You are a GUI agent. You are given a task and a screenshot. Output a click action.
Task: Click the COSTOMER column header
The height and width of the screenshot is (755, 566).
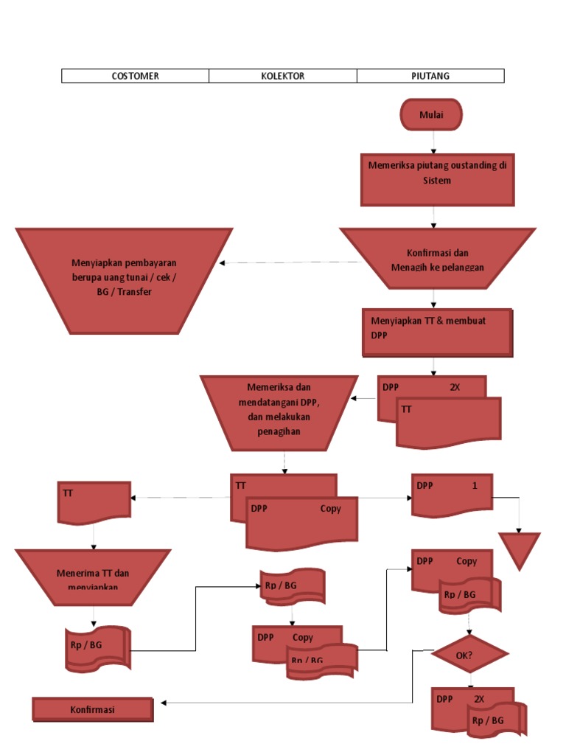[x=135, y=76]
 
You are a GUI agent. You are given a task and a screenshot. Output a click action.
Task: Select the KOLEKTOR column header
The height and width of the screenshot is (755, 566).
[x=283, y=76]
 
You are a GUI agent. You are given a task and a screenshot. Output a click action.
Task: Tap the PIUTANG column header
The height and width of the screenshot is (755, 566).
[x=430, y=76]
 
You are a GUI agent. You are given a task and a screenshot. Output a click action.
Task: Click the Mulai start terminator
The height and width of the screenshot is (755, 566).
[x=431, y=115]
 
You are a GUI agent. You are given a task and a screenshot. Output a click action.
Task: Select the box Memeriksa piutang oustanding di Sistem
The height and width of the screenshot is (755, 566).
[x=437, y=179]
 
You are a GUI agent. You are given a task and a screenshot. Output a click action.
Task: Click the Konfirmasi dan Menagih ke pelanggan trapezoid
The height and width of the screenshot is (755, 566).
[x=437, y=259]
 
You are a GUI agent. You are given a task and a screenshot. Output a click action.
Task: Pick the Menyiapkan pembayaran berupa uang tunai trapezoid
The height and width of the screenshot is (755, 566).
[x=124, y=280]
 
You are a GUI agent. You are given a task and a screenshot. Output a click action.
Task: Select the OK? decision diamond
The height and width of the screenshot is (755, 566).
[x=469, y=653]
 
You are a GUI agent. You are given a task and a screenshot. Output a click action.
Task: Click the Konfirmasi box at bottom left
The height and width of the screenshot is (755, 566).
[x=93, y=709]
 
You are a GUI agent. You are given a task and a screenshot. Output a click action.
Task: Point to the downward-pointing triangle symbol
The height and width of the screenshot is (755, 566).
[x=520, y=549]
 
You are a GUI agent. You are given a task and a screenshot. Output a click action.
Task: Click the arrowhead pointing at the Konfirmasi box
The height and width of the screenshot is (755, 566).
[x=164, y=703]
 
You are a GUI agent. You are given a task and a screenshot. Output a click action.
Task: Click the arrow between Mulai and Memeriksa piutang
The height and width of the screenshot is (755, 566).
[x=434, y=142]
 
